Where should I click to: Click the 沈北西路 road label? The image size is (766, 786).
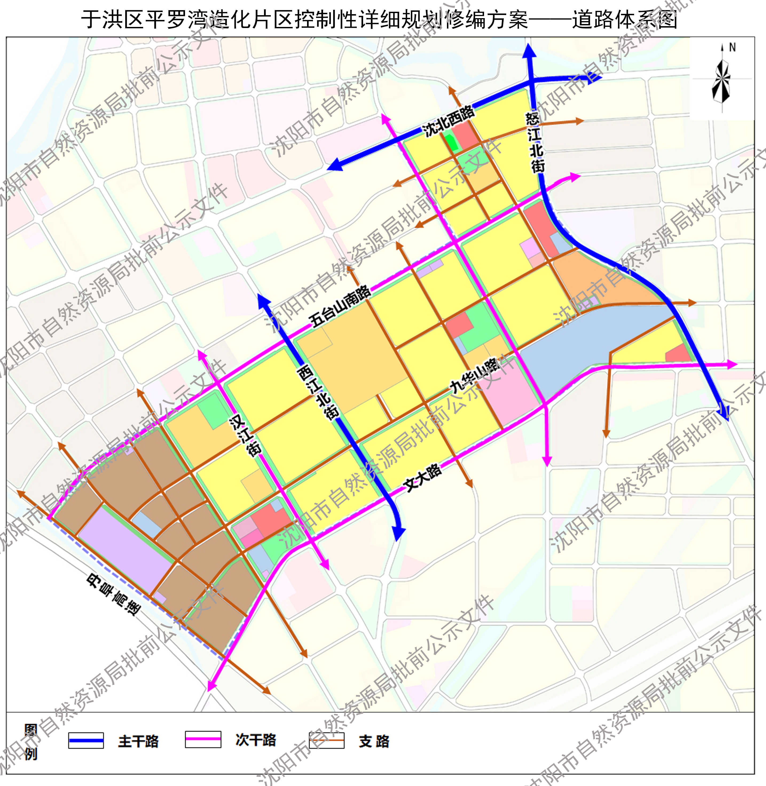(448, 121)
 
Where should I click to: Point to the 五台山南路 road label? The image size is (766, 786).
(340, 306)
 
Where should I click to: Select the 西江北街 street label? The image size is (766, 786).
(318, 392)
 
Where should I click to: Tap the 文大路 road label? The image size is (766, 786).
(423, 477)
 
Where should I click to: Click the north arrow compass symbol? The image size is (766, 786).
(722, 78)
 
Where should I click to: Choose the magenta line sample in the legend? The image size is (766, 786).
(203, 739)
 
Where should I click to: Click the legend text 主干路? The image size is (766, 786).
(138, 741)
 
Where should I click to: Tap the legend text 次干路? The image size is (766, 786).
(256, 740)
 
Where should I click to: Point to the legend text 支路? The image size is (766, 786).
(374, 741)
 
